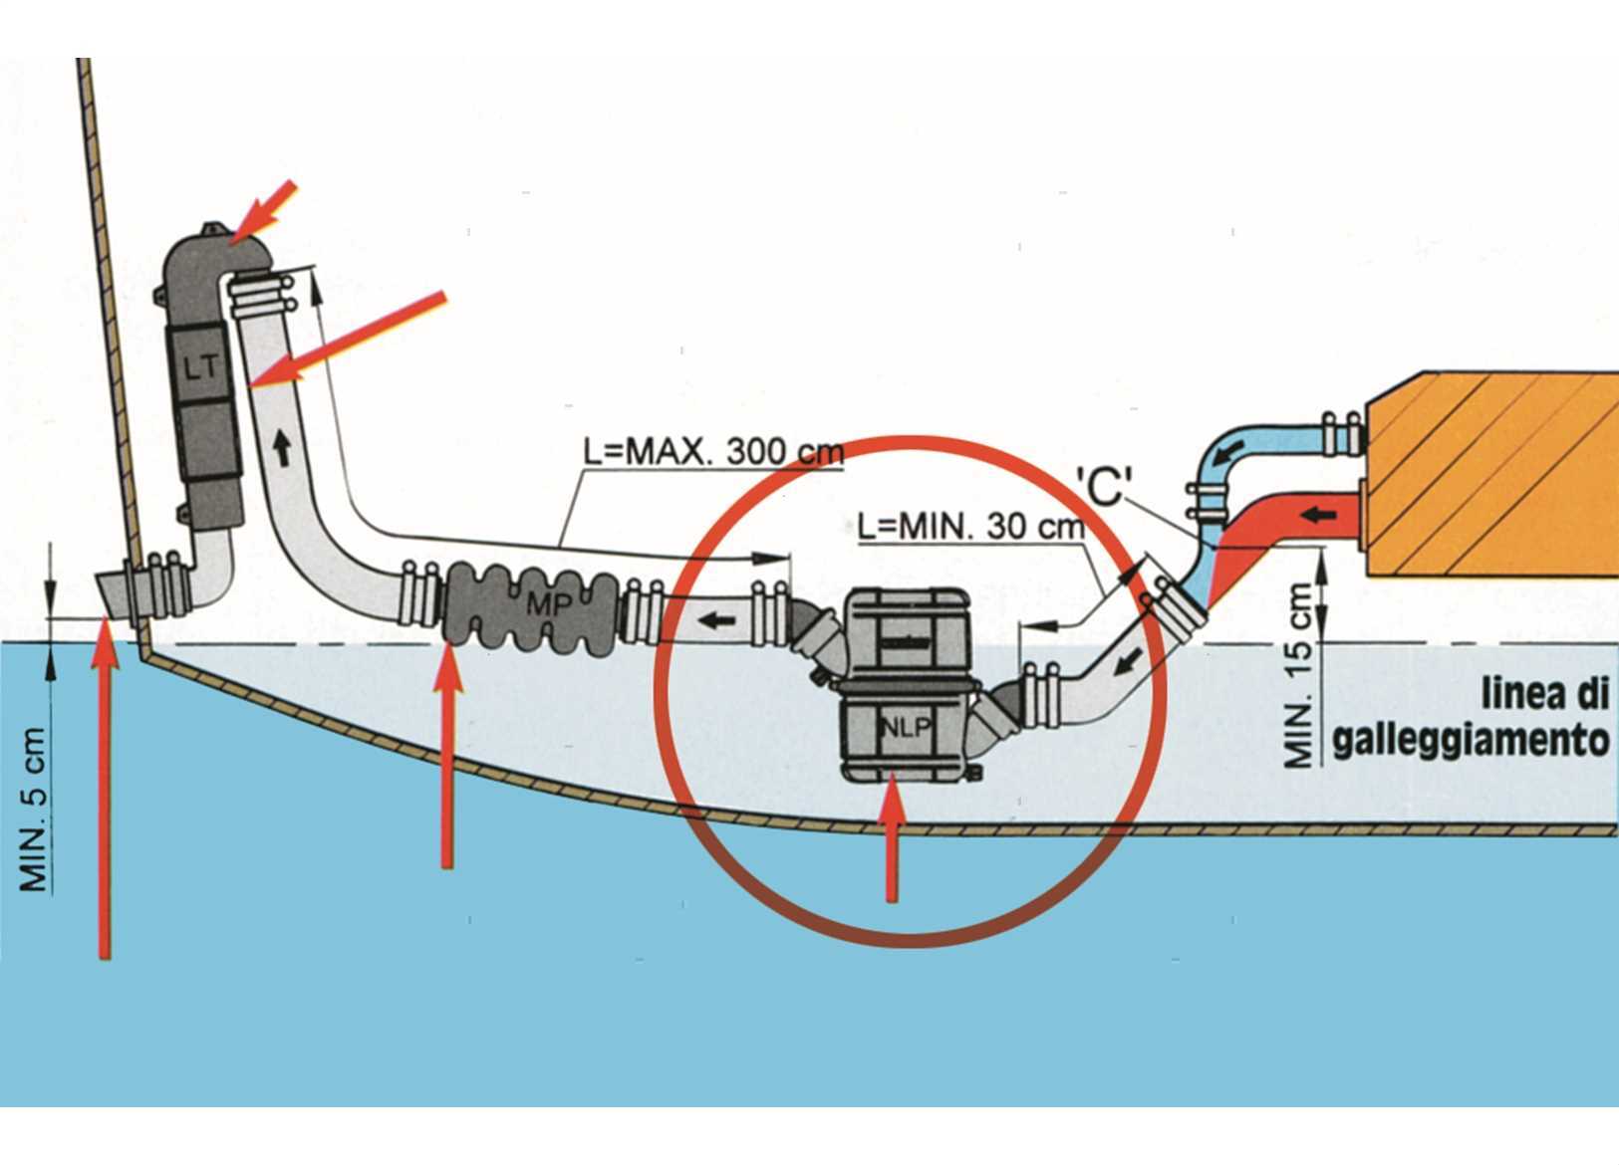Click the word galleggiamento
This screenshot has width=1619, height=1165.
click(x=1470, y=742)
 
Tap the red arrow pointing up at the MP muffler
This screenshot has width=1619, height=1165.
click(x=447, y=757)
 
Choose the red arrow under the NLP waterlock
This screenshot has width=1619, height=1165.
click(x=893, y=841)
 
